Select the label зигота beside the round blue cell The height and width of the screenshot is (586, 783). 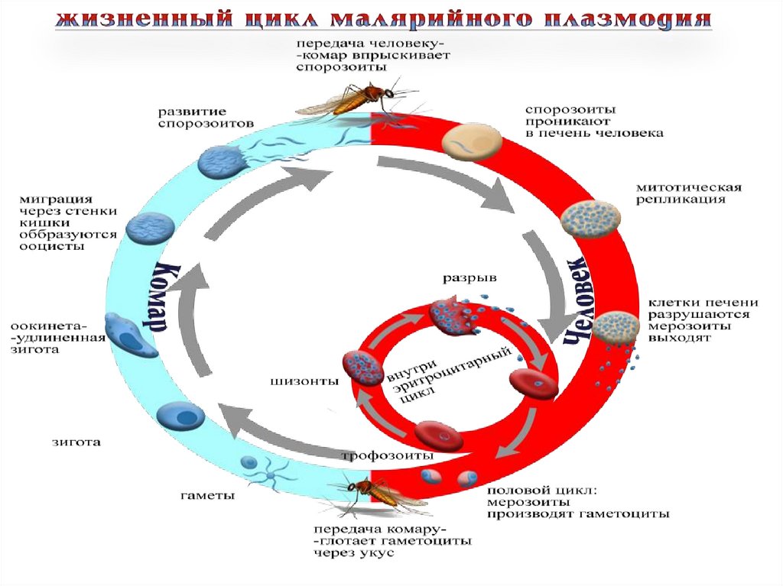click(76, 442)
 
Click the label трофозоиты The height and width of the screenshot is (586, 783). click(387, 455)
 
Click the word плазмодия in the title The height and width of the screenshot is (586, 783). click(629, 18)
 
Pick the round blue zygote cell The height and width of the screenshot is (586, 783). click(180, 416)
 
